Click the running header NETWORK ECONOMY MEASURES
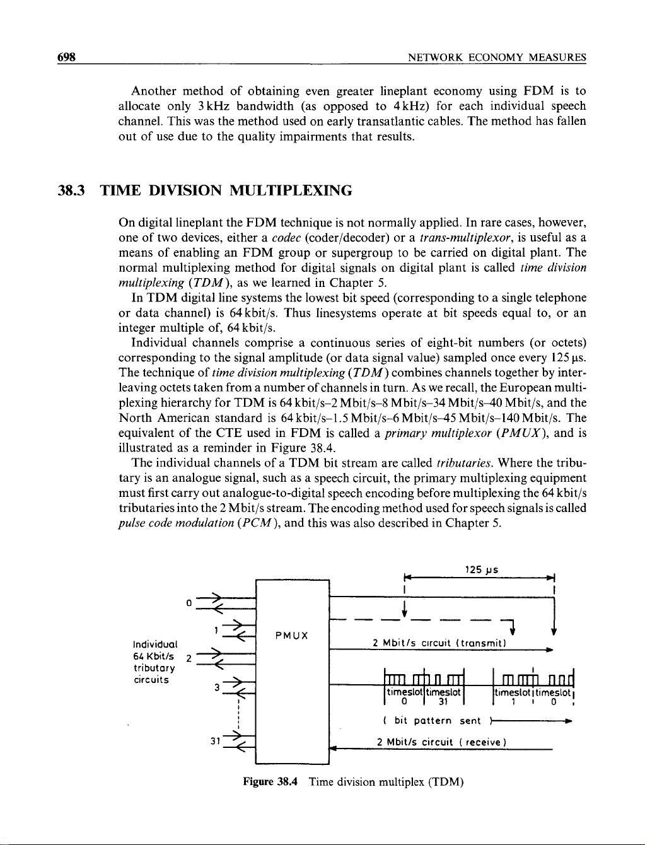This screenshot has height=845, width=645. coord(497,58)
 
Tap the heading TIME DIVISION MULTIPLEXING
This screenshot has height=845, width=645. coord(226,190)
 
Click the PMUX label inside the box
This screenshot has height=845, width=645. coord(292,635)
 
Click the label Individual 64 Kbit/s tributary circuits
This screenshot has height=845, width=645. coord(155,662)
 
